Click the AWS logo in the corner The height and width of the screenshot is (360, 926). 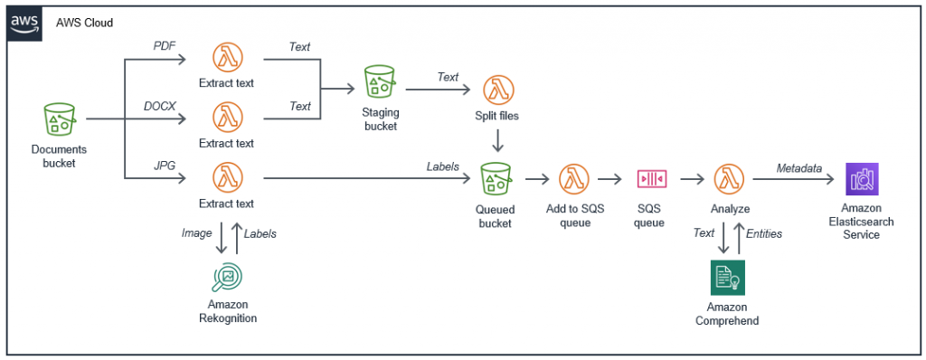point(23,22)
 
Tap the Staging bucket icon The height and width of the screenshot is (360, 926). point(380,81)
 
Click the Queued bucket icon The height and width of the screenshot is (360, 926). point(496,179)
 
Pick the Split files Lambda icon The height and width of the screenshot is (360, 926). point(496,90)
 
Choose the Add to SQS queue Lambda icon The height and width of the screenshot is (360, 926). point(573,179)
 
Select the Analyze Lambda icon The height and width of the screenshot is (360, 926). point(729,179)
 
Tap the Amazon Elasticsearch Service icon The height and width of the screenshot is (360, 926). point(861,179)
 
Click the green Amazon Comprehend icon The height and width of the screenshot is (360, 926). point(727,278)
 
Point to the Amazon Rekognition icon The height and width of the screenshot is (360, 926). point(227,276)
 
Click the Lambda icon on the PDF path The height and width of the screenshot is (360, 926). point(227,59)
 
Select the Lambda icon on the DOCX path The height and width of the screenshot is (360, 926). point(227,118)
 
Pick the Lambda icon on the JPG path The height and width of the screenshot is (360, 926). point(227,177)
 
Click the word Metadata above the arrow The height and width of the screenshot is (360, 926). point(799,168)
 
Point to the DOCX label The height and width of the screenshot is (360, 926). point(159,107)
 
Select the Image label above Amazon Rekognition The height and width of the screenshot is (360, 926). point(197,232)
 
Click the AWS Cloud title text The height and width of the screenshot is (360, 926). point(84,23)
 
